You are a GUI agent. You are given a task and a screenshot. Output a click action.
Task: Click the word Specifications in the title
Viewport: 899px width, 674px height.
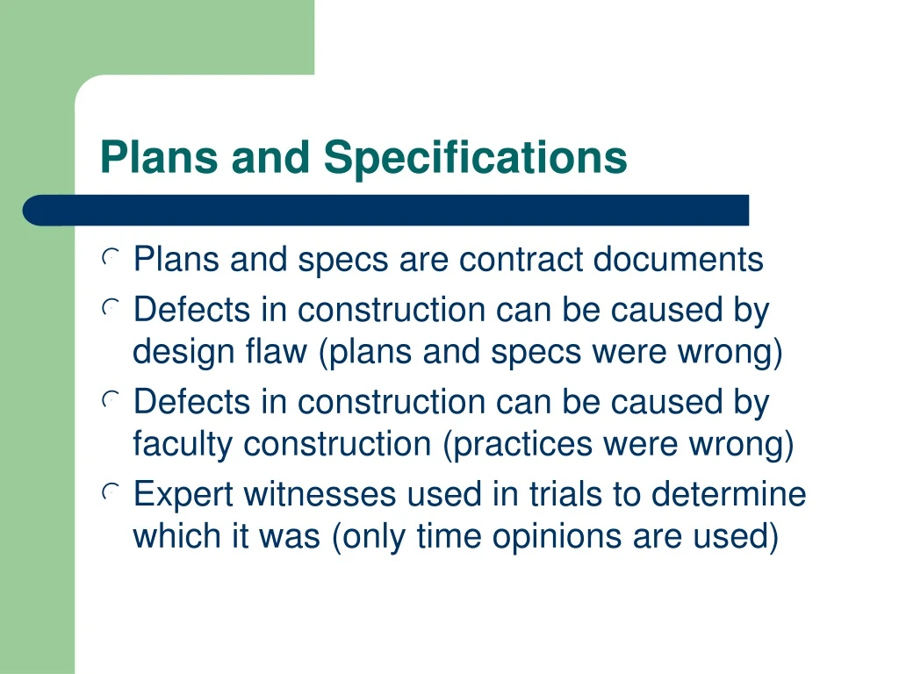click(476, 158)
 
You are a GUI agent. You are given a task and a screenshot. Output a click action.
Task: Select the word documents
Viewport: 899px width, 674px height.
click(679, 260)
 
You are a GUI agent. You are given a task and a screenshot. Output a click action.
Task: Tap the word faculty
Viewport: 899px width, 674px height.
click(183, 445)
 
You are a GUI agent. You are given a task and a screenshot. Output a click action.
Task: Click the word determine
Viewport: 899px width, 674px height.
click(728, 494)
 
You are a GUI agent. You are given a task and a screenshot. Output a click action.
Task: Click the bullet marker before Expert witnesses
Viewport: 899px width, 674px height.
click(110, 494)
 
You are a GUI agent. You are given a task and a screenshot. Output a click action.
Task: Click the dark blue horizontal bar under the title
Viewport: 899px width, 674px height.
click(386, 211)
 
